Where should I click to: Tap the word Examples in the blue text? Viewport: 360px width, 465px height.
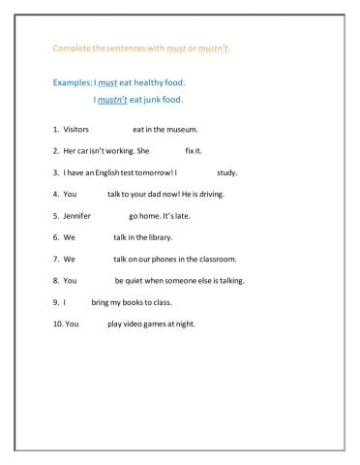[74, 83]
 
